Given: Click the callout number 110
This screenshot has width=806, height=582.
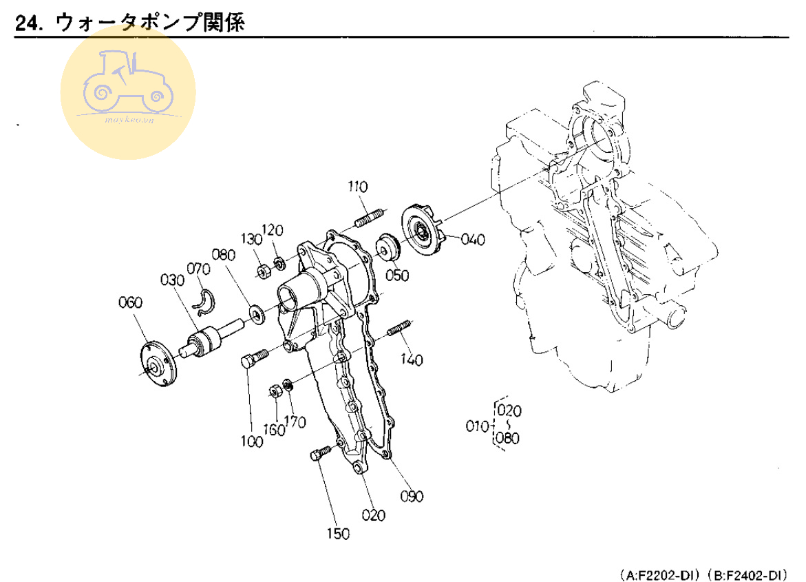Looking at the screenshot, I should tap(358, 187).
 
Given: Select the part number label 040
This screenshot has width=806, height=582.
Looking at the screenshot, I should tap(473, 240).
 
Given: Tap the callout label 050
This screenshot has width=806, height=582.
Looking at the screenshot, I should tap(398, 276).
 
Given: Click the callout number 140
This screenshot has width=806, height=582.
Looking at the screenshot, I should tap(412, 360).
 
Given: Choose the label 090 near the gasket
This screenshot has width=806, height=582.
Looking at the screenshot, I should tap(413, 496).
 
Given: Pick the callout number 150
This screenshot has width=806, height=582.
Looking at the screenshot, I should tap(339, 533).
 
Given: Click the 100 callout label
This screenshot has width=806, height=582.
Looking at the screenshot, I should tap(252, 441).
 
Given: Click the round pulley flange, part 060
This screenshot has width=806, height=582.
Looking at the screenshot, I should tap(158, 362).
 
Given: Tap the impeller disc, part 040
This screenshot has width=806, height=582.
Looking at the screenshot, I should tap(421, 227).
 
